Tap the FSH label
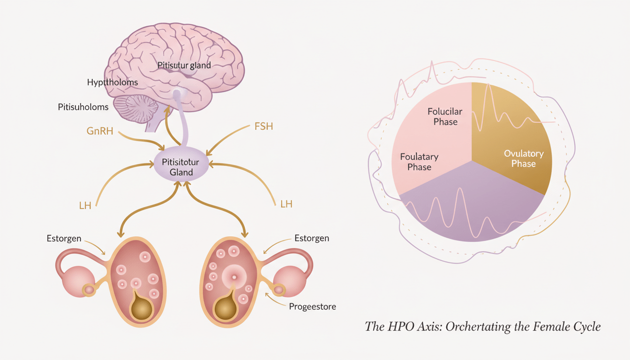263,127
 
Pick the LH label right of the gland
286,204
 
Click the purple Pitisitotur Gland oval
181,167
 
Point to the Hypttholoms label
112,82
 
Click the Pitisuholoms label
83,107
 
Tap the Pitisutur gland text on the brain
184,66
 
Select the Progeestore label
313,307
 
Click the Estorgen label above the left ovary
64,239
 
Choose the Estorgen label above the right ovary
312,239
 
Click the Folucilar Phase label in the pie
445,116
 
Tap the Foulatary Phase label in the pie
419,162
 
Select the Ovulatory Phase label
524,158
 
